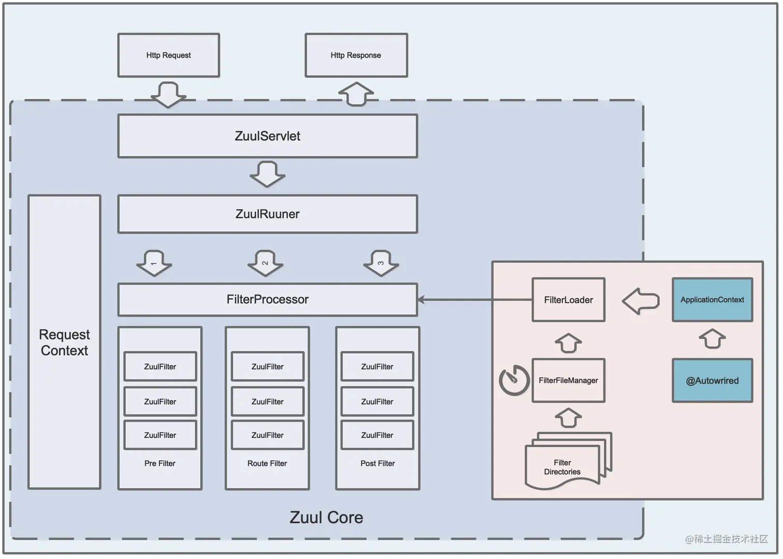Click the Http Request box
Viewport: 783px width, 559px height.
point(169,55)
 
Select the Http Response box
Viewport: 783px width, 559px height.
point(356,55)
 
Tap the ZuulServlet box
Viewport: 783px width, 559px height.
point(267,136)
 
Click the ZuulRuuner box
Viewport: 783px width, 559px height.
point(267,214)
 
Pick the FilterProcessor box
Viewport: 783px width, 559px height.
point(267,300)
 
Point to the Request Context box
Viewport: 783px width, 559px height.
point(64,342)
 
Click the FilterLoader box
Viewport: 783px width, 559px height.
point(568,300)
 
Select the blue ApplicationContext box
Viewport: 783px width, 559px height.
point(712,300)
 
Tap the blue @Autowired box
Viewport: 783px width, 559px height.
point(712,380)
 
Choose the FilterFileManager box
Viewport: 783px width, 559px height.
point(568,380)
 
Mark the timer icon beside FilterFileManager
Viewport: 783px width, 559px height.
point(514,380)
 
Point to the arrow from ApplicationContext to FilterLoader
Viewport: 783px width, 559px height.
point(641,301)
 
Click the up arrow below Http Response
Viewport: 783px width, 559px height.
point(356,94)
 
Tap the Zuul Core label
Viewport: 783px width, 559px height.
point(326,517)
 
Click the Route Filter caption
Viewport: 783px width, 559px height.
point(267,463)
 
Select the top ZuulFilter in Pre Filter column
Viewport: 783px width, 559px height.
point(160,366)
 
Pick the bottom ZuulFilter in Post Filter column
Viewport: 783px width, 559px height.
point(377,435)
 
